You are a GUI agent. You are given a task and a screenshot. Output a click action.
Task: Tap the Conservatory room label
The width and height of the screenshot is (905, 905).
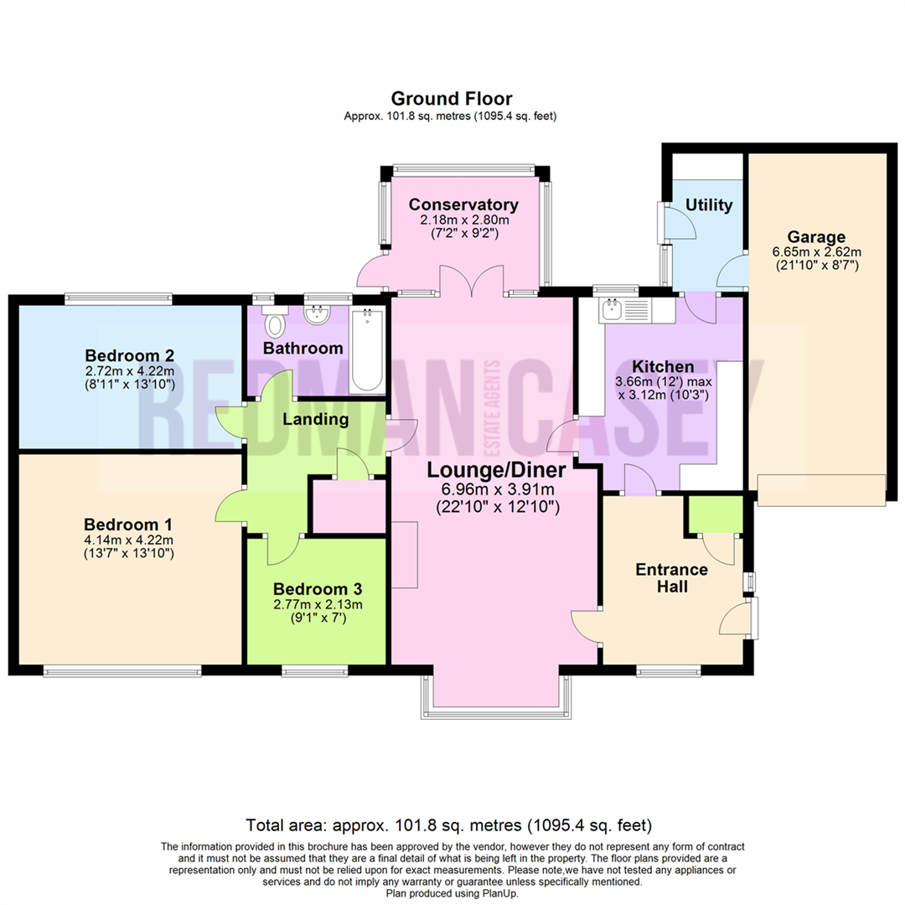click(463, 205)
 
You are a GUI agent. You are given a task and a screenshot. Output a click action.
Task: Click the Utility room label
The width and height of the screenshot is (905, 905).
click(709, 205)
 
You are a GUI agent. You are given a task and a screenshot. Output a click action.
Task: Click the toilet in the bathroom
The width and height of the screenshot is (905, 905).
click(274, 323)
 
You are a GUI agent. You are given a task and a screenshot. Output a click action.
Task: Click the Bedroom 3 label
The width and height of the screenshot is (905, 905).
click(318, 588)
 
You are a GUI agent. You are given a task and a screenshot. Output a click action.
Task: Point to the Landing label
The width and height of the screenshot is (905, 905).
click(314, 419)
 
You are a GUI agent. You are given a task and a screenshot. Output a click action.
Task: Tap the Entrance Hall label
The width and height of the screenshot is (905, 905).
click(671, 578)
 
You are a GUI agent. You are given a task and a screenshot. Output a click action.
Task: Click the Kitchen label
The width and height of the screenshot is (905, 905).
click(662, 367)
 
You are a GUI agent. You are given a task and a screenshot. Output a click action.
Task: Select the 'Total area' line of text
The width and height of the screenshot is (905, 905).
click(448, 824)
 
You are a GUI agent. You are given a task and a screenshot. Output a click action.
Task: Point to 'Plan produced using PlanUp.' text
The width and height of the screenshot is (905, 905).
click(452, 893)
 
